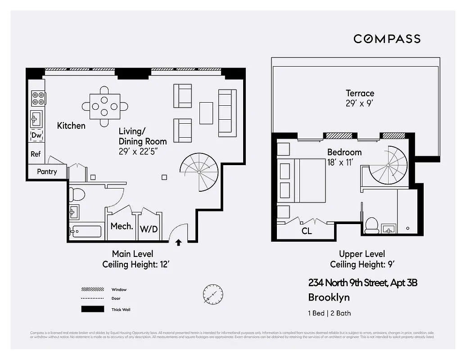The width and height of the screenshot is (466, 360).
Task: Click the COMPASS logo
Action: tap(387, 39)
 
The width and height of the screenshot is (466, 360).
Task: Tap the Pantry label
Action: tap(47, 171)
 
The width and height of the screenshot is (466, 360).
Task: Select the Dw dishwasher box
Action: tap(36, 135)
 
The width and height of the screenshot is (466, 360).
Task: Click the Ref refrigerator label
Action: tap(36, 154)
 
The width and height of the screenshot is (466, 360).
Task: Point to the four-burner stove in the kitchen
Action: tap(38, 98)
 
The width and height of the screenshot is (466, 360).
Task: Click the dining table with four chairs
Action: tap(104, 107)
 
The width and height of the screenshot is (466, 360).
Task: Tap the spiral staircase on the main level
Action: tap(199, 171)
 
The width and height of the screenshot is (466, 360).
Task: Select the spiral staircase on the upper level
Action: tap(388, 165)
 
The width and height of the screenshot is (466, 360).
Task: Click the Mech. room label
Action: tap(121, 226)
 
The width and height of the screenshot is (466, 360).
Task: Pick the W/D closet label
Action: tap(149, 229)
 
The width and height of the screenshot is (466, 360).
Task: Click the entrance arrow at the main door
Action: tap(178, 243)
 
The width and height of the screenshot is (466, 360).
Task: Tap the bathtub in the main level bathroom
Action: tap(86, 232)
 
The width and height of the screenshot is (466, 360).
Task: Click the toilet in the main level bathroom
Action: tap(77, 194)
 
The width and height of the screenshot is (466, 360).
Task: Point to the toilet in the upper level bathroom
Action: tap(371, 225)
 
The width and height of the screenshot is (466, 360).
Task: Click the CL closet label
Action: tap(307, 232)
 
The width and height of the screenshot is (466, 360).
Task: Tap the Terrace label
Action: tap(360, 93)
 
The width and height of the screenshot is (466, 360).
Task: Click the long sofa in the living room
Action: tap(227, 113)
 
